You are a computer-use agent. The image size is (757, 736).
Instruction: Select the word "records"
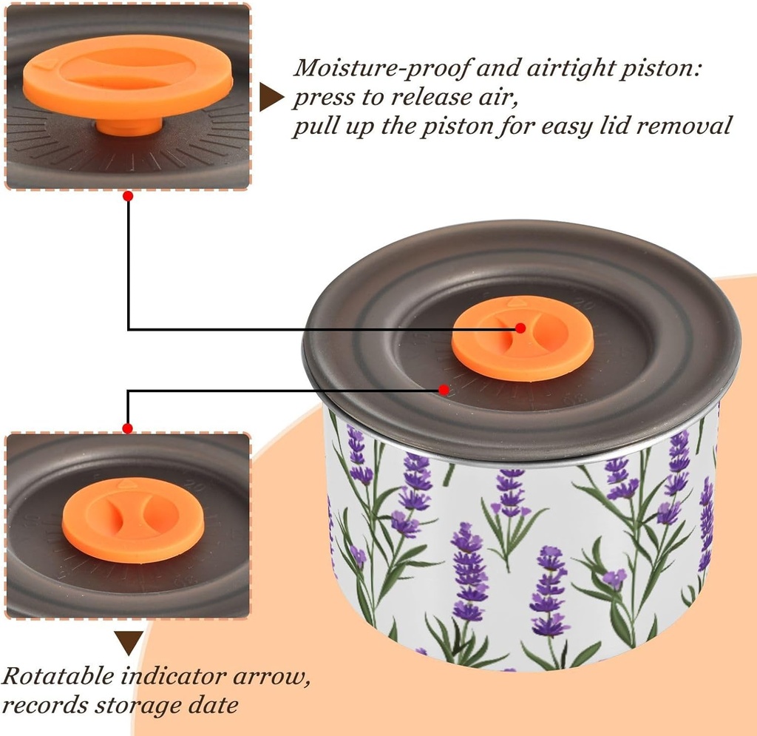click(45, 704)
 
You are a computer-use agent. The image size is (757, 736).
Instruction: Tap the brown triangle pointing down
click(129, 641)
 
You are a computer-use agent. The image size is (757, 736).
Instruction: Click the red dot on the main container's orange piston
click(520, 328)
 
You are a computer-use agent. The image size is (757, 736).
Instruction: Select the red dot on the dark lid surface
click(444, 389)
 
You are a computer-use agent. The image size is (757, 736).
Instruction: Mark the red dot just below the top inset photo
click(128, 197)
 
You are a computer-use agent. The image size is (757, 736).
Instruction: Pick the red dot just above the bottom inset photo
click(128, 428)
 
